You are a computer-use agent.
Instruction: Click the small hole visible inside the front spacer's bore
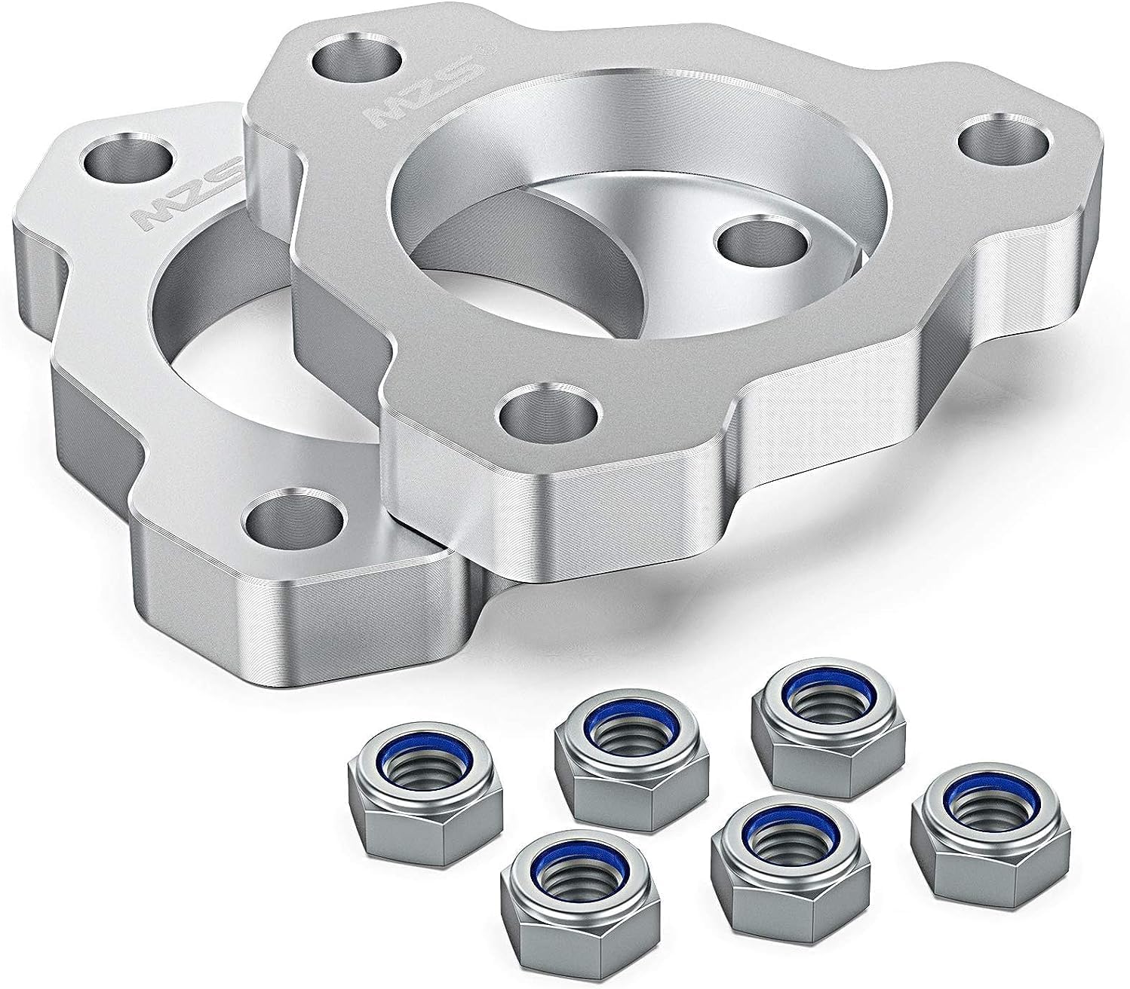click(759, 240)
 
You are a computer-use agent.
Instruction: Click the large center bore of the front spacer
click(573, 188)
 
